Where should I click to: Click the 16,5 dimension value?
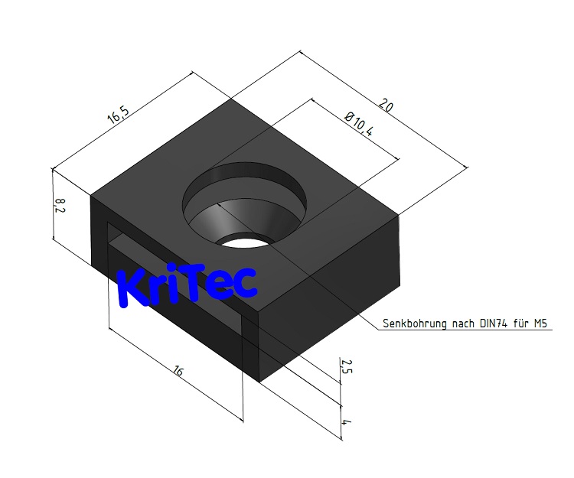(x=118, y=115)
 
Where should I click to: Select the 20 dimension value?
(x=386, y=105)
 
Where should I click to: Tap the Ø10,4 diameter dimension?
(x=359, y=125)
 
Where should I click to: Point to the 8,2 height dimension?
(x=60, y=206)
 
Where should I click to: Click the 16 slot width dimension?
(x=178, y=371)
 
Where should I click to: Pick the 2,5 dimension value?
(x=346, y=366)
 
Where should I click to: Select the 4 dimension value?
(x=345, y=422)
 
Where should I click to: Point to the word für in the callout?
(x=520, y=324)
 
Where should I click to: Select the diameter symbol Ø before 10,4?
(x=350, y=116)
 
